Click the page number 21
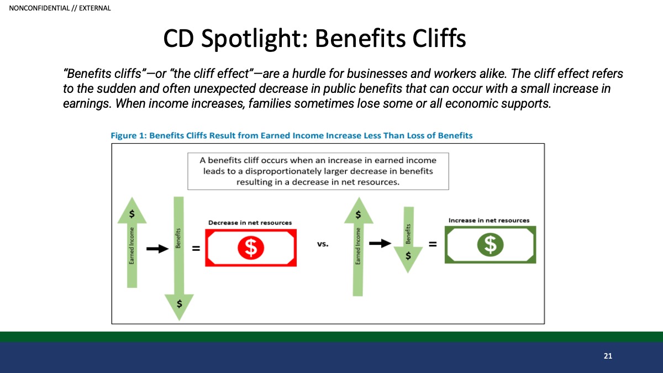608,356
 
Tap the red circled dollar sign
251,248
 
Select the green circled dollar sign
490,245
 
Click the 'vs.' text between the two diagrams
323,244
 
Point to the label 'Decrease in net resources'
250,223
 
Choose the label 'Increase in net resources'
488,220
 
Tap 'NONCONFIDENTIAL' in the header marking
39,8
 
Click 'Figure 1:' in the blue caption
129,135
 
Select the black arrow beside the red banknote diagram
157,248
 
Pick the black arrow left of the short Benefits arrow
380,243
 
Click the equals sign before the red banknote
196,248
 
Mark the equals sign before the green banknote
433,244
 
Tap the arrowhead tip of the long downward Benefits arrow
179,321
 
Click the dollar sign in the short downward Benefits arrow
408,256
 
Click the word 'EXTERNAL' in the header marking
94,8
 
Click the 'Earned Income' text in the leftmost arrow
131,245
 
